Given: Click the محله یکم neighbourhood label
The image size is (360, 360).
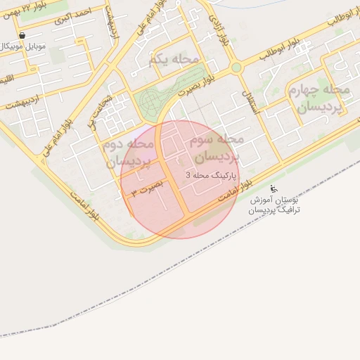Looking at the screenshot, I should point(174,60).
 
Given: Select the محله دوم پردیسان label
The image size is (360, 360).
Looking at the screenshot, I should point(128,153).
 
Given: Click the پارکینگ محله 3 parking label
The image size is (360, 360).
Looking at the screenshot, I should point(212,173).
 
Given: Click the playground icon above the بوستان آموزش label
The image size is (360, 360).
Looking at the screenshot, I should point(274,188).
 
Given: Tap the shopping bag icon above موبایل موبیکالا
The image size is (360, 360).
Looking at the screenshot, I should point(22,34).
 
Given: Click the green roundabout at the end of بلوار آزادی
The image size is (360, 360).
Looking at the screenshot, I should point(236,67).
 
